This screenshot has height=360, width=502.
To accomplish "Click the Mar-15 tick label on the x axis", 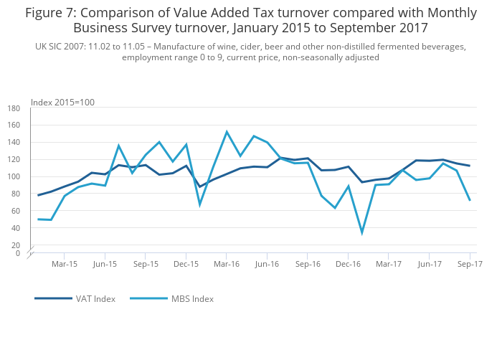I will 65,264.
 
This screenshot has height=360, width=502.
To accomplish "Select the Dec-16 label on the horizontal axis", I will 348,264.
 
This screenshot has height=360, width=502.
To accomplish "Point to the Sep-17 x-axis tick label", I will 470,264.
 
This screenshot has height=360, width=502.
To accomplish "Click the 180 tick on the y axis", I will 14,108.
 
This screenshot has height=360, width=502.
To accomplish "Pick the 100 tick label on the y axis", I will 14,177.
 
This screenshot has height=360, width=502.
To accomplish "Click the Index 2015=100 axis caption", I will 62,103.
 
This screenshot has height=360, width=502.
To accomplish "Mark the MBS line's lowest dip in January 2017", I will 361,232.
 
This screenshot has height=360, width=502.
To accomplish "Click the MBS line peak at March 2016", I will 227,132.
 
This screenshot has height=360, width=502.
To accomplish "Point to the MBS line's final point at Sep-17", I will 470,200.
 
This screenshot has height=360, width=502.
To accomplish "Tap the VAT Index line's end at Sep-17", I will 470,166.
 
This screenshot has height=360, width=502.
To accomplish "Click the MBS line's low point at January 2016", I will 200,204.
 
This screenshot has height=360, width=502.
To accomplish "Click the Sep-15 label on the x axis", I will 146,264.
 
